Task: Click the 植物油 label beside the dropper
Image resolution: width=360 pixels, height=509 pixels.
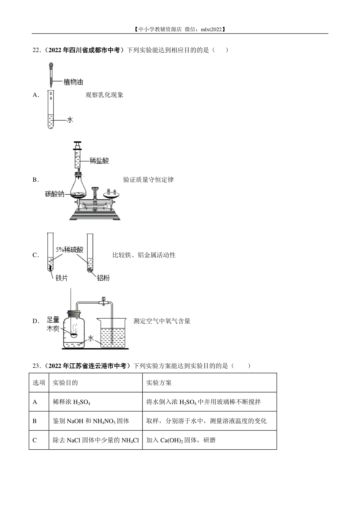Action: [x=73, y=82]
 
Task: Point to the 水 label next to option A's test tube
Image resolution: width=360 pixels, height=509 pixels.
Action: [x=70, y=120]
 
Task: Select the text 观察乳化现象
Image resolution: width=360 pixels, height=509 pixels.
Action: [x=104, y=95]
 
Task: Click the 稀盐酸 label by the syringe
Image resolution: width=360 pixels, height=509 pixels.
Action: [x=99, y=161]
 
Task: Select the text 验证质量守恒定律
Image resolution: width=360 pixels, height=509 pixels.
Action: [x=148, y=180]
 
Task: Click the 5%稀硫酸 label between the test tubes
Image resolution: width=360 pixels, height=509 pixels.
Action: [x=69, y=250]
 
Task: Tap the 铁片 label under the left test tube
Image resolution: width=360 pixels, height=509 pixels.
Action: [x=61, y=278]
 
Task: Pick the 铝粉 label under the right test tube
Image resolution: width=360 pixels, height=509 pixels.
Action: [x=103, y=278]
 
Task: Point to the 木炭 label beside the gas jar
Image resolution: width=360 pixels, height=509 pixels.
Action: [x=53, y=329]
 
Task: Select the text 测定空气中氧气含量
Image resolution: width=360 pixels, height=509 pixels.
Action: [x=162, y=321]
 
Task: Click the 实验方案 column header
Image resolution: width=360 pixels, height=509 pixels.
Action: [x=159, y=383]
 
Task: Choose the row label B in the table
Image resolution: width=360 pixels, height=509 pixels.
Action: [x=35, y=421]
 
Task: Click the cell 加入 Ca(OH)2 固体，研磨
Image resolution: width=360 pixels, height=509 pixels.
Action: [x=181, y=440]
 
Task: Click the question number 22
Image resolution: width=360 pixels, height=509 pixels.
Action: [x=36, y=50]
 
